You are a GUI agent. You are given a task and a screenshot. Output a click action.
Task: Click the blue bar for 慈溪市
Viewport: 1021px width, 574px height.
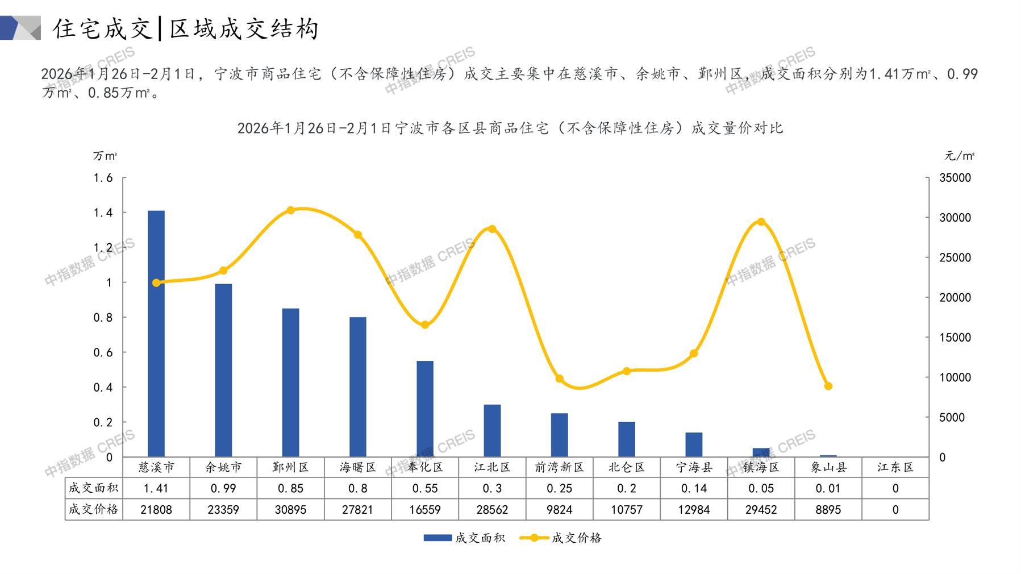coord(156,334)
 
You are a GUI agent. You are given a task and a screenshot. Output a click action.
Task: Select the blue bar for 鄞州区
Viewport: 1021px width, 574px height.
coord(290,382)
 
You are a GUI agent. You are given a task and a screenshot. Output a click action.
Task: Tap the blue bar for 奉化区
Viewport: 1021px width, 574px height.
coord(425,409)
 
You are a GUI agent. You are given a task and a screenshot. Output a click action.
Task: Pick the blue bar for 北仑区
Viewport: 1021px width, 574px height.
coord(627,439)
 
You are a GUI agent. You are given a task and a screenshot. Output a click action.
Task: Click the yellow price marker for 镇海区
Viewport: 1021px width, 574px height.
coord(761,222)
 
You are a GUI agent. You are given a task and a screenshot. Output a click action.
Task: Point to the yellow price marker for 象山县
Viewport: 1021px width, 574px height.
coord(828,386)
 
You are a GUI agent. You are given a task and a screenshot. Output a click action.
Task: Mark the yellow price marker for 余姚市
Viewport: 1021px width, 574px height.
coord(223,271)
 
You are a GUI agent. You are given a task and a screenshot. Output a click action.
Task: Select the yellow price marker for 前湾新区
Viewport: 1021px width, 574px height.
coord(559,379)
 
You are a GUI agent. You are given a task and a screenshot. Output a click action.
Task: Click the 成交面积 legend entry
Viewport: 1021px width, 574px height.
coord(464,538)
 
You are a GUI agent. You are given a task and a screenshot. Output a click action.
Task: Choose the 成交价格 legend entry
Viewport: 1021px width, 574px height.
coord(561,538)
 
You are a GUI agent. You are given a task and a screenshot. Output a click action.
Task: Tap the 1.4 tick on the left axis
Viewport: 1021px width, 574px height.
coord(103,213)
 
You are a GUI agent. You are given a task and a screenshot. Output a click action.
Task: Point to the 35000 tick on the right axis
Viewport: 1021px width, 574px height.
coord(955,178)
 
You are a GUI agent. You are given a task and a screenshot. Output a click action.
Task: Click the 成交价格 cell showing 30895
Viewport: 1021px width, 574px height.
coord(290,510)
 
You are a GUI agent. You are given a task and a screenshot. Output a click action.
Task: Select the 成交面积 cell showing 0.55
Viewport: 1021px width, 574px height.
coord(425,488)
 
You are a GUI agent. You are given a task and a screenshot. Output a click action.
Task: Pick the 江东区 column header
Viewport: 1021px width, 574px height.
coord(895,467)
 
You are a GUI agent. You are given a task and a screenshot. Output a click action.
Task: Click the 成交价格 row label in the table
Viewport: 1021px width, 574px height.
coord(94,510)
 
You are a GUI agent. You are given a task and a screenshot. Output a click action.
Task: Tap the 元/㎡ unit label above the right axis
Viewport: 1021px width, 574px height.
coord(959,156)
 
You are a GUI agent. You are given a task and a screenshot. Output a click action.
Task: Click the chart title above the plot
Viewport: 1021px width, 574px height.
coord(510,128)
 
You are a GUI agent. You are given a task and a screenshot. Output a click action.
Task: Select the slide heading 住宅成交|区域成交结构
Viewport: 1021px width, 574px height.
coord(186,28)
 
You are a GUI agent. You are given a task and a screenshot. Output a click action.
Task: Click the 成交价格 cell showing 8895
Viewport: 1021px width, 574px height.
coord(828,510)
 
